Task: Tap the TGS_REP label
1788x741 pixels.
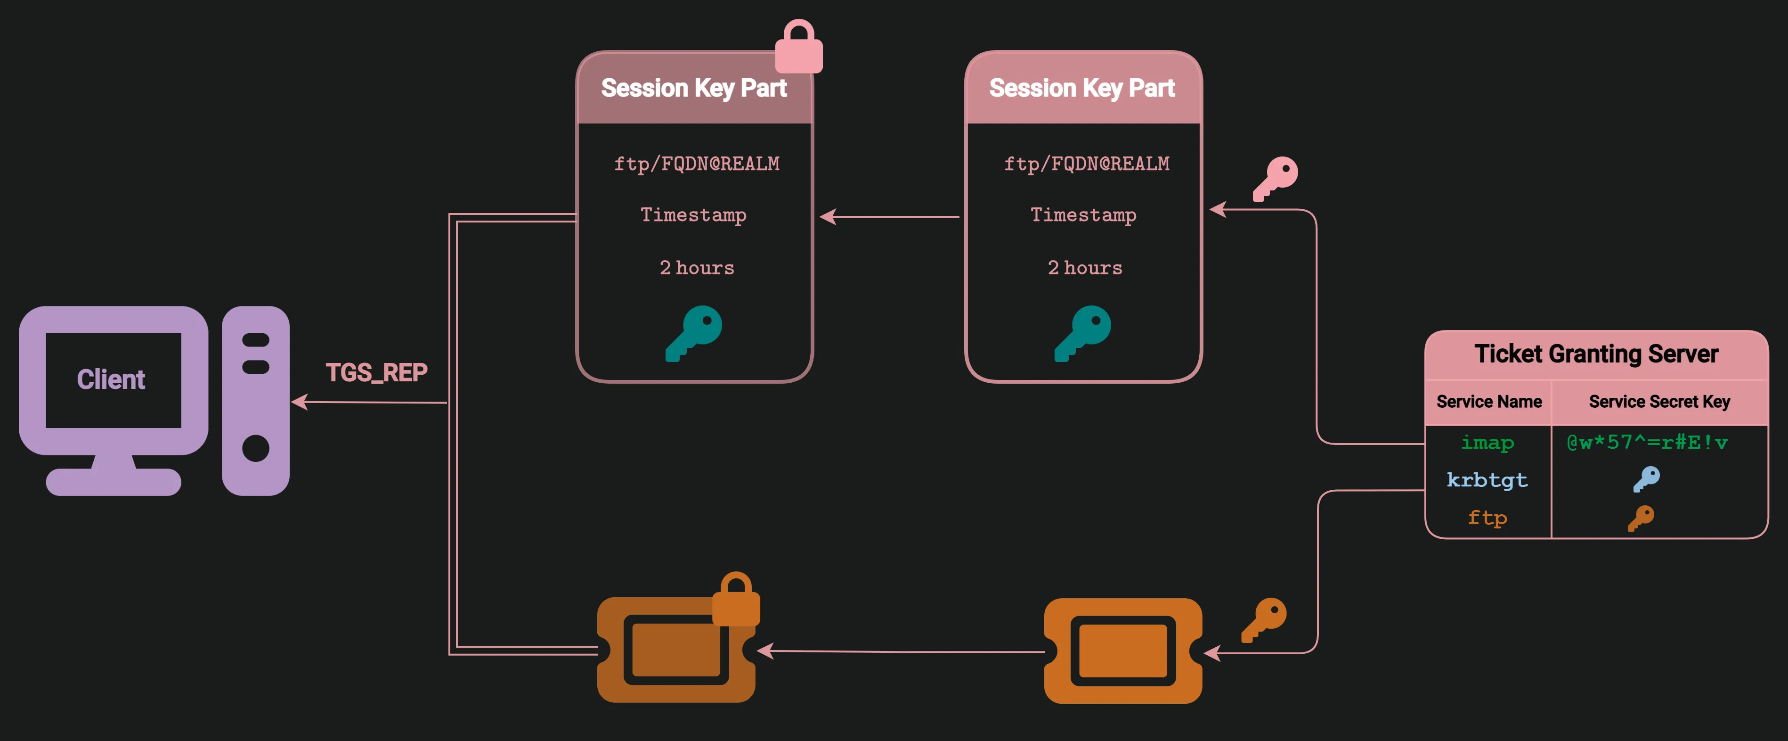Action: pos(376,373)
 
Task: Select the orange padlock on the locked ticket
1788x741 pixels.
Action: pos(736,600)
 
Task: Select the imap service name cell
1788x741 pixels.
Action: pos(1487,442)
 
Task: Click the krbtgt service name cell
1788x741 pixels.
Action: pos(1487,480)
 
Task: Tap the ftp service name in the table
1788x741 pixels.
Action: pos(1487,518)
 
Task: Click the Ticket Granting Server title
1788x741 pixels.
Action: pos(1596,354)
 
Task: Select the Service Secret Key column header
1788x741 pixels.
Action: pos(1659,402)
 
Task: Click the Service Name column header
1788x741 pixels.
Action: pos(1489,402)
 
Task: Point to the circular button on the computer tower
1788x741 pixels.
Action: pos(255,449)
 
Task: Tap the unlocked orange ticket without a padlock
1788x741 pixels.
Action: pos(1123,650)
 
